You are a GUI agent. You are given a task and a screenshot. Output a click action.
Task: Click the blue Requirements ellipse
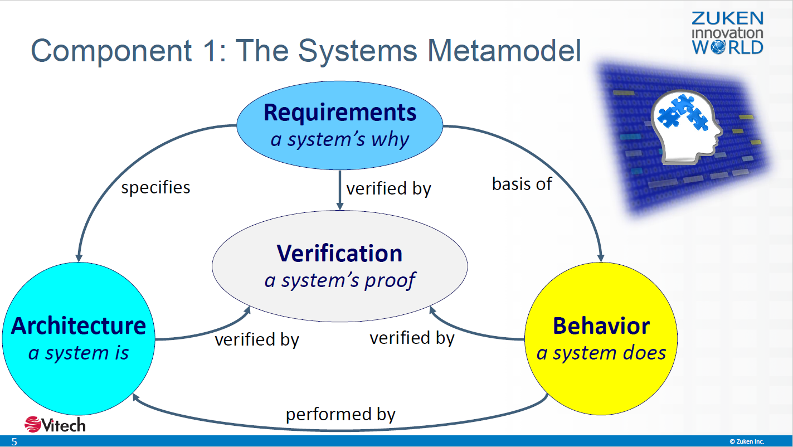point(339,125)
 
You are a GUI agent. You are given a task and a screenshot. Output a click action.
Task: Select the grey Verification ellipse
point(339,266)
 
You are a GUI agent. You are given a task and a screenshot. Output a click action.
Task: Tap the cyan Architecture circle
point(79,339)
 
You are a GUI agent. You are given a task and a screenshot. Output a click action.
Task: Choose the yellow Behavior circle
point(601,339)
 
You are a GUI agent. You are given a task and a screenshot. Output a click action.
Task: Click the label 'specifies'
point(156,187)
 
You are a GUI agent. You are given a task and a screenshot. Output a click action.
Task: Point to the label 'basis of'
point(522,184)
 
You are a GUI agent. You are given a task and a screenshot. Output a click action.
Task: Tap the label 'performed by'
point(340,415)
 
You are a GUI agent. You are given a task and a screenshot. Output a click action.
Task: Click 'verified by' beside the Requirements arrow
point(389,188)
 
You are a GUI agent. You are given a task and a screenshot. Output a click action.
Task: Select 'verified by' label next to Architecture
point(257,339)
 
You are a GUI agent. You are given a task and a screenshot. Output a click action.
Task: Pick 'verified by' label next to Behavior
point(412,338)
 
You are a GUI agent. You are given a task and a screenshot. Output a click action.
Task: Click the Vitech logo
point(55,424)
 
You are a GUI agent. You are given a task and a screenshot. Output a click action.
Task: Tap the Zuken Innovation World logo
point(727,33)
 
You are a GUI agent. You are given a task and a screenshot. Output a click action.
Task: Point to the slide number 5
point(14,441)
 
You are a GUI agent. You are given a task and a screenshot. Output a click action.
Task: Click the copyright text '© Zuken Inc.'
point(747,441)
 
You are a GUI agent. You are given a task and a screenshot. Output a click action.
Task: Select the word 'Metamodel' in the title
point(504,51)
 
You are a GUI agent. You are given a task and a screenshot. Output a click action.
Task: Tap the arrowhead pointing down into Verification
point(340,206)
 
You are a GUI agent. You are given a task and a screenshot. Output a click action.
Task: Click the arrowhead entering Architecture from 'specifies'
point(79,258)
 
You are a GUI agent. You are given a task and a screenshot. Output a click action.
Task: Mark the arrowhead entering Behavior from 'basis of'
point(601,258)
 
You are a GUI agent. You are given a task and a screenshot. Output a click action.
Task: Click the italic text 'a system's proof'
point(340,281)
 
